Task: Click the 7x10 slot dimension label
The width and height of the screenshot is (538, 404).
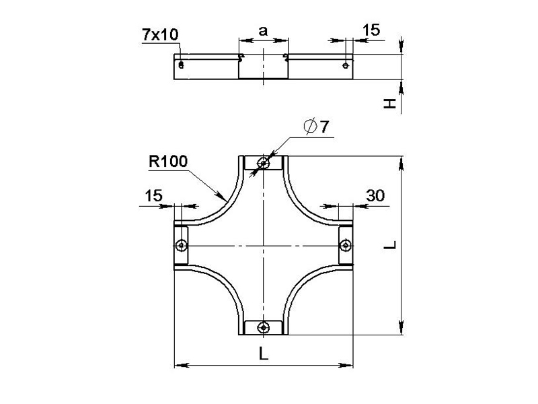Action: tap(160, 35)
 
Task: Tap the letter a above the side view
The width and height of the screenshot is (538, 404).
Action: tap(263, 31)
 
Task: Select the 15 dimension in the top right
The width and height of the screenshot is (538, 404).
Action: tap(371, 30)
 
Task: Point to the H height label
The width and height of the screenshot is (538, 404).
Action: tap(389, 104)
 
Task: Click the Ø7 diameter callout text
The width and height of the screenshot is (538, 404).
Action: tap(316, 127)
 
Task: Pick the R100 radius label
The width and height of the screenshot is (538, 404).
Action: tap(168, 162)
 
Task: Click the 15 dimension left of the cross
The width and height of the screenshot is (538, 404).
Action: tap(153, 196)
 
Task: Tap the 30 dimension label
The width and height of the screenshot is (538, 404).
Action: tap(375, 196)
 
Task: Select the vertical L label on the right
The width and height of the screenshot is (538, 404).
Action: tap(390, 245)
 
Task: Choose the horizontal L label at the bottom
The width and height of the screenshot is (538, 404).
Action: tap(263, 353)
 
